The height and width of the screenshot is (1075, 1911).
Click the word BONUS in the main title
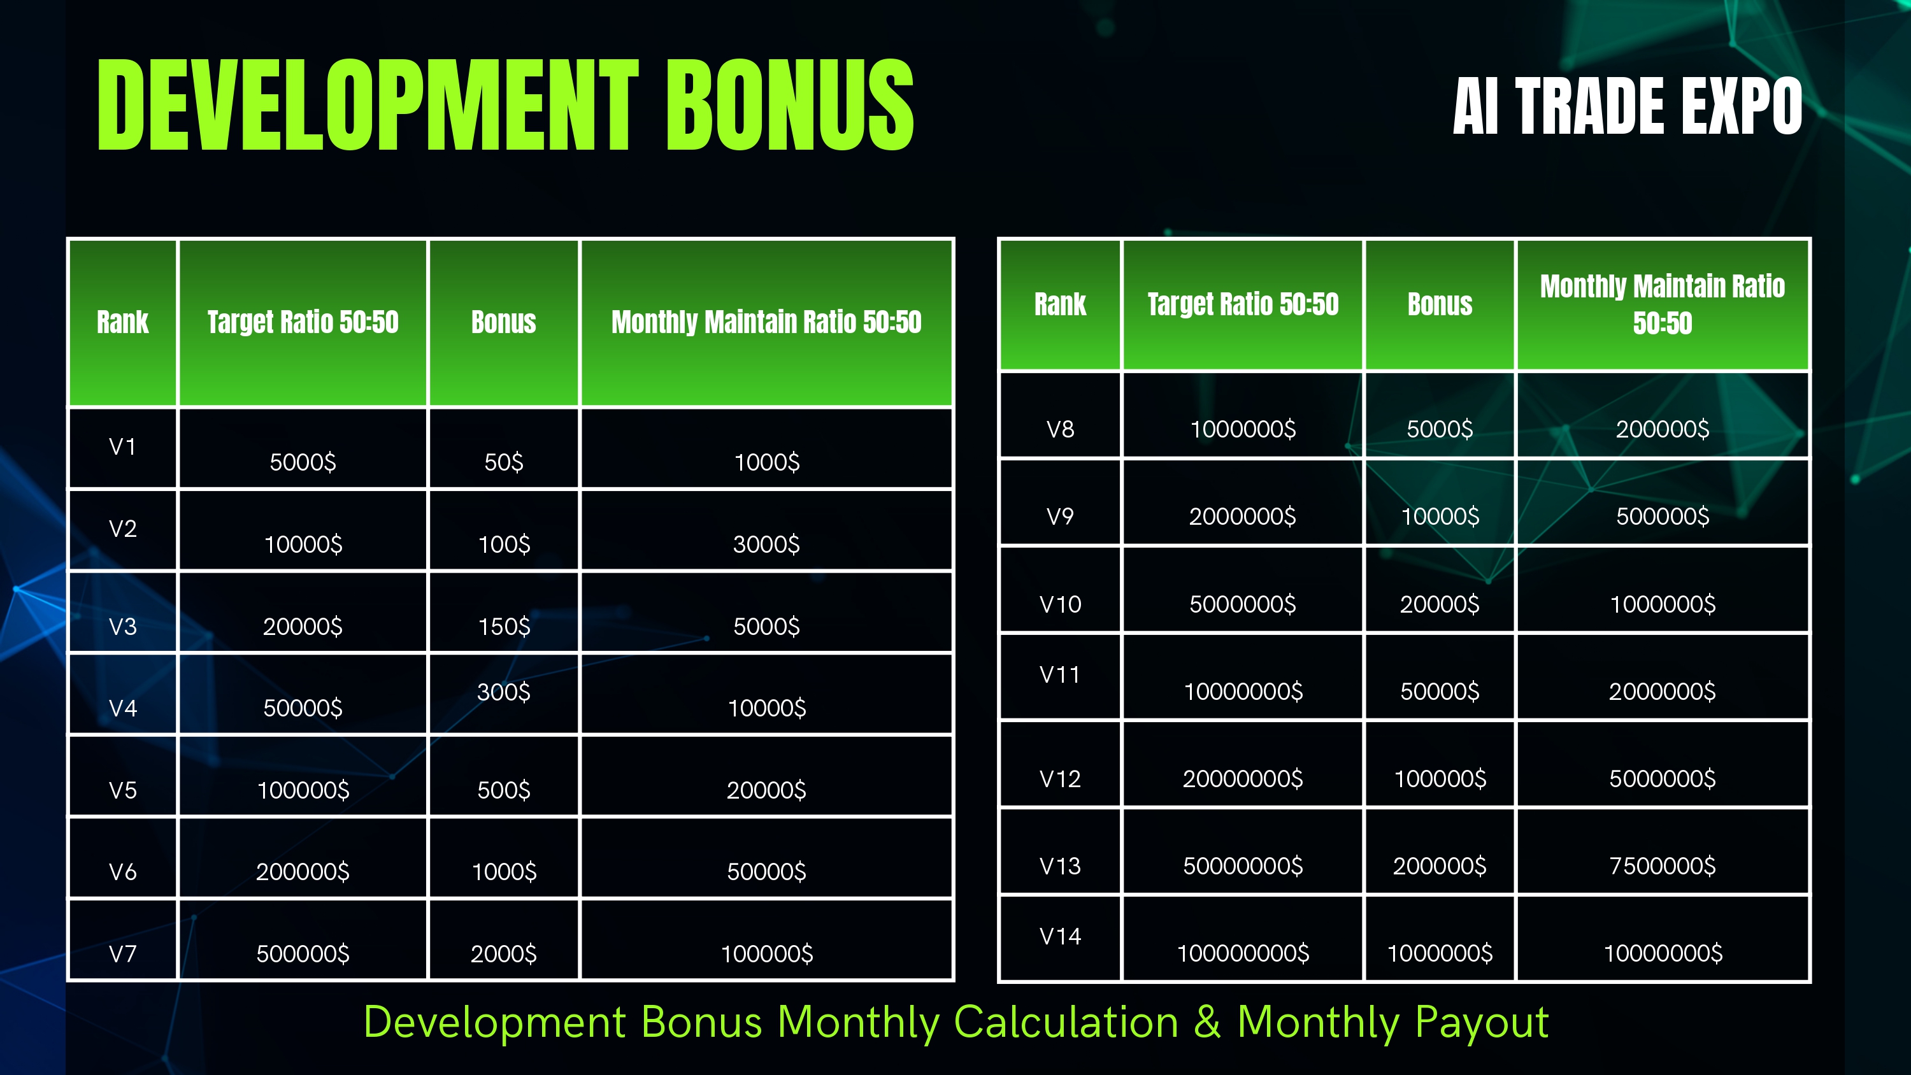coord(790,104)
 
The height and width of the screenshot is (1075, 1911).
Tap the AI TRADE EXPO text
coord(1627,106)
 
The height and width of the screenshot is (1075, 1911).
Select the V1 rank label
coord(122,446)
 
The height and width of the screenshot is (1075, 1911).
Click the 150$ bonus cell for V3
coord(504,626)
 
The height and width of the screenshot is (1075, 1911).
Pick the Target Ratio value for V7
coord(303,953)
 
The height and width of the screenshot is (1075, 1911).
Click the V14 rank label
coord(1060,936)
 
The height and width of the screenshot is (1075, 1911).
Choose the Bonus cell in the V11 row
coord(1439,692)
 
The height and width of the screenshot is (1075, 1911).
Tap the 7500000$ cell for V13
coord(1663,865)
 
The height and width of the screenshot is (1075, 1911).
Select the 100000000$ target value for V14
coord(1243,953)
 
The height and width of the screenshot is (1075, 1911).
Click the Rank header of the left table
coord(122,322)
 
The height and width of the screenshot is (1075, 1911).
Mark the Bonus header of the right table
coord(1439,304)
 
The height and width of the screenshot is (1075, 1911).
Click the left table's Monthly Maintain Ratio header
coord(766,322)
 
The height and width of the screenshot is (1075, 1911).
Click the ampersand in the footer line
coord(1207,1022)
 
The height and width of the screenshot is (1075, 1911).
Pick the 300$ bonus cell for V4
coord(504,692)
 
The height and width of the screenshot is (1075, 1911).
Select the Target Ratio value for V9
coord(1243,516)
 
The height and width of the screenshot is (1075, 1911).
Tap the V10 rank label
coord(1060,604)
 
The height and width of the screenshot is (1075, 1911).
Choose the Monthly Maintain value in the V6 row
coord(766,872)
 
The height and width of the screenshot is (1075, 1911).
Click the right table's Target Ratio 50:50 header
coord(1243,304)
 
